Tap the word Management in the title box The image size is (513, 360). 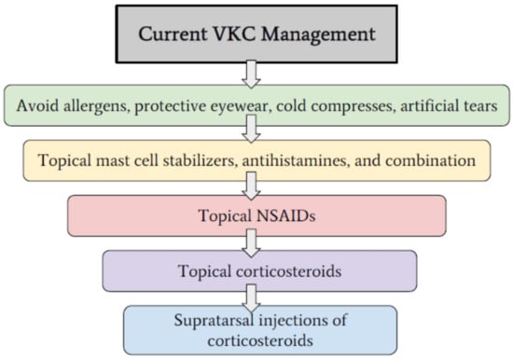(x=318, y=35)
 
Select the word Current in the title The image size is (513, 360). (x=173, y=34)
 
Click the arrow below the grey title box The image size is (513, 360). (x=251, y=74)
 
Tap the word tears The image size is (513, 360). (x=480, y=106)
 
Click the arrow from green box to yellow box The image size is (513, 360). (x=251, y=129)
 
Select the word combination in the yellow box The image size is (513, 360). (x=431, y=160)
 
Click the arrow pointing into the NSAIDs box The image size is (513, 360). (x=251, y=186)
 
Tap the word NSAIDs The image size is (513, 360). (x=286, y=216)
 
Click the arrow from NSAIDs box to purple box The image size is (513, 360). (x=251, y=242)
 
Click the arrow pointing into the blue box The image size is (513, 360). (x=251, y=298)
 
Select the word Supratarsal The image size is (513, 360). (x=213, y=320)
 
